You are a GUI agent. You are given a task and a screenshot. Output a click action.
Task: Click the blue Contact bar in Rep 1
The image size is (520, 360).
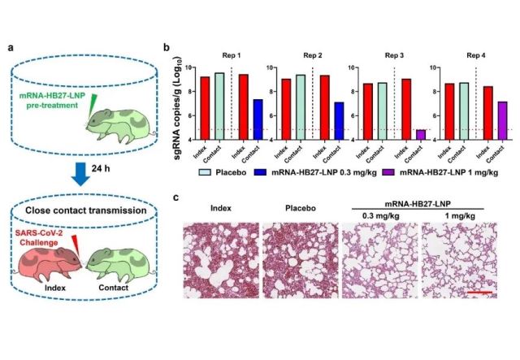click(x=256, y=120)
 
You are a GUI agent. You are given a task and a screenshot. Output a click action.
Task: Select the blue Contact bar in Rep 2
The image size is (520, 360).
click(x=339, y=121)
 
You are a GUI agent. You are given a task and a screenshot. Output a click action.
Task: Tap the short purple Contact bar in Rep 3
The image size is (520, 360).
click(x=420, y=135)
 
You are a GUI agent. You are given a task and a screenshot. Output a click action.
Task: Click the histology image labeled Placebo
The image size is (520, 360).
click(x=299, y=259)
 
